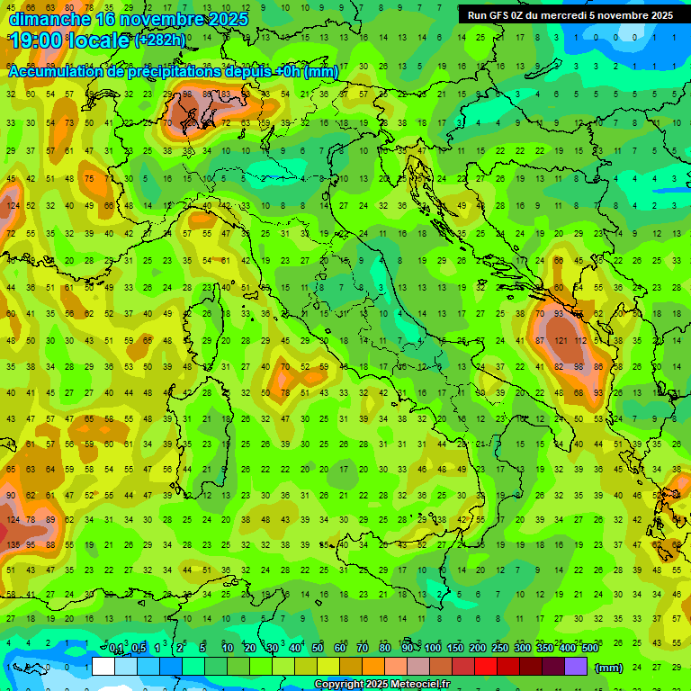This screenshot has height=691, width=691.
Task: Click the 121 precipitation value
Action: click(561, 341)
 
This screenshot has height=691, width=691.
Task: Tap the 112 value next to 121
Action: click(581, 341)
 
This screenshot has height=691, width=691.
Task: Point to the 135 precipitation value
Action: click(13, 544)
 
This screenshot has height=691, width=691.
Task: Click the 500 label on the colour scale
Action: click(589, 649)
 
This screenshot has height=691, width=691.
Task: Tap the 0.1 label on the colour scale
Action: click(116, 649)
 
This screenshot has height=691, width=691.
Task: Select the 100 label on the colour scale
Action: click(433, 649)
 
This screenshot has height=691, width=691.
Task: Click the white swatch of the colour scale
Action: click(103, 667)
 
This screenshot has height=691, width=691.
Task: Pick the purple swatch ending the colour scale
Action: click(576, 667)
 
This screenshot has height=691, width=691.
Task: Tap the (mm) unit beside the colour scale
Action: click(609, 667)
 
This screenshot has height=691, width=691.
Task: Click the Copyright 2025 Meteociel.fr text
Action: click(381, 685)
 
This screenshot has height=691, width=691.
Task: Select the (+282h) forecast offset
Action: click(159, 40)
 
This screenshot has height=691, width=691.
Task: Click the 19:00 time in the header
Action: click(37, 40)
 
